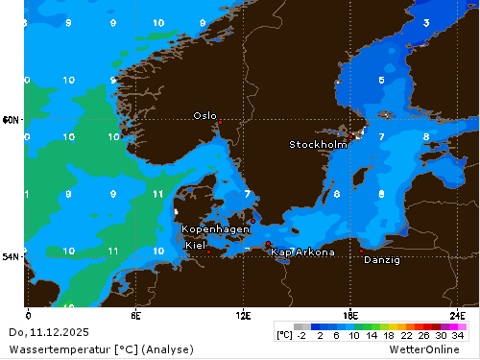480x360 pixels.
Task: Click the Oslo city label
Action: pos(204,115)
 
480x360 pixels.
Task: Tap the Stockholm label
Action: pos(318,145)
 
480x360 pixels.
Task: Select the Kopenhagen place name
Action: pos(216,229)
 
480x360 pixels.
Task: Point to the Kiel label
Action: pos(195,245)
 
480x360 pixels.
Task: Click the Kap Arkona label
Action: pos(303,252)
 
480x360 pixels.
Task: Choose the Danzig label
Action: pos(382,259)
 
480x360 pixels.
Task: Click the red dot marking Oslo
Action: pos(219,123)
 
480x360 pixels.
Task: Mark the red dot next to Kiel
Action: pos(208,252)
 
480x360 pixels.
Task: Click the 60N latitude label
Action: pos(11,120)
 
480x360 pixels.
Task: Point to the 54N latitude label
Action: pos(11,257)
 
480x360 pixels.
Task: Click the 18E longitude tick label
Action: pos(351,314)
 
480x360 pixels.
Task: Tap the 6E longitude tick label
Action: pos(136,314)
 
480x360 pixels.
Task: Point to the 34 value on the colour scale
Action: pos(458,336)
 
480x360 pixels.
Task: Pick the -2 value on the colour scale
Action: pos(300,336)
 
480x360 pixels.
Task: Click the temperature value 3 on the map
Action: pos(425,22)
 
